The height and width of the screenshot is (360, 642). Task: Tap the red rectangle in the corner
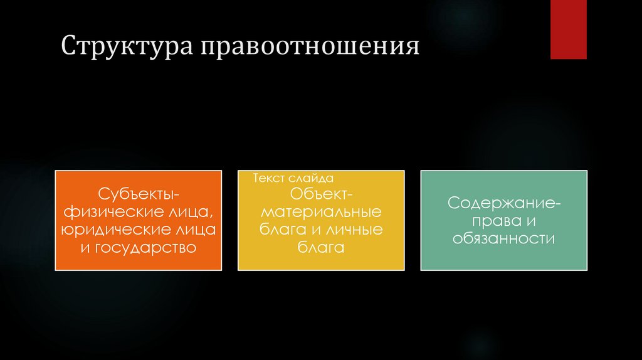click(568, 29)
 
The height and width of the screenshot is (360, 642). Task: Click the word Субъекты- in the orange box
click(138, 192)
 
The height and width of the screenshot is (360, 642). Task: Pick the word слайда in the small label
click(312, 179)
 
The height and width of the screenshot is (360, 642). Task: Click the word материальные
click(321, 211)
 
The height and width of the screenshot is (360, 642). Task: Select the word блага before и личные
click(281, 229)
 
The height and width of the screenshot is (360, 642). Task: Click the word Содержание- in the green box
click(504, 203)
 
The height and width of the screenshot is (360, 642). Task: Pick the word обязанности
click(504, 239)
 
